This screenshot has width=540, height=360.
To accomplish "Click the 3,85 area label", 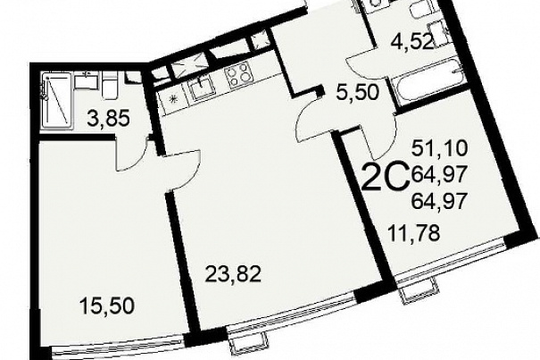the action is pyautogui.click(x=108, y=119).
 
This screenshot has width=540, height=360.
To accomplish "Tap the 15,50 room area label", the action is pyautogui.click(x=106, y=306).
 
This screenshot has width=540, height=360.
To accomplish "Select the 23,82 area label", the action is pyautogui.click(x=233, y=275).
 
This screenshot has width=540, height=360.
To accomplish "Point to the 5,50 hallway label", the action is pyautogui.click(x=357, y=92).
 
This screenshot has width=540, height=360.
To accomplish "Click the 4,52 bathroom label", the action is pyautogui.click(x=411, y=43).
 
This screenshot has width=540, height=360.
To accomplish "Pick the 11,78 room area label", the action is pyautogui.click(x=413, y=233).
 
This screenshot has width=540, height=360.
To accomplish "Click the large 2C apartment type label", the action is pyautogui.click(x=386, y=177).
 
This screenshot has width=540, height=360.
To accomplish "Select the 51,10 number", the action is pyautogui.click(x=440, y=148).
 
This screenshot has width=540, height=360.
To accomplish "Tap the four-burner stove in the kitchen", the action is pyautogui.click(x=237, y=76).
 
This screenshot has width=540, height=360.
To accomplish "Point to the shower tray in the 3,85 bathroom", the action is pyautogui.click(x=57, y=100).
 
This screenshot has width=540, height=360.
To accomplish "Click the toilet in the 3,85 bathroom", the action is pyautogui.click(x=110, y=88).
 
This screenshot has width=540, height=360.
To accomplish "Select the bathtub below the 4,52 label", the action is pyautogui.click(x=425, y=80).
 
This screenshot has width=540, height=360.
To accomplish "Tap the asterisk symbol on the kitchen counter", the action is pyautogui.click(x=172, y=98).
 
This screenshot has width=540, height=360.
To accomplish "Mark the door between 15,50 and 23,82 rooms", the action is pyautogui.click(x=182, y=170).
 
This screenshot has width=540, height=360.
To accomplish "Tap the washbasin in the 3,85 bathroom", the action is pyautogui.click(x=87, y=80).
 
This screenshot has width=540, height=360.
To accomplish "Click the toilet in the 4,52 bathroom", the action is pyautogui.click(x=419, y=11).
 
